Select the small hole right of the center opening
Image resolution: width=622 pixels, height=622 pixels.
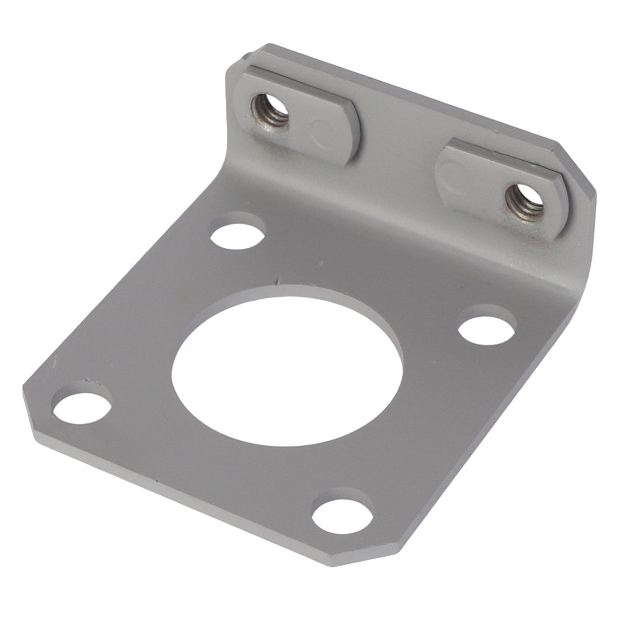coord(487,329)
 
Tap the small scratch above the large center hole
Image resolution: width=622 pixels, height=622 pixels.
coord(278,281)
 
